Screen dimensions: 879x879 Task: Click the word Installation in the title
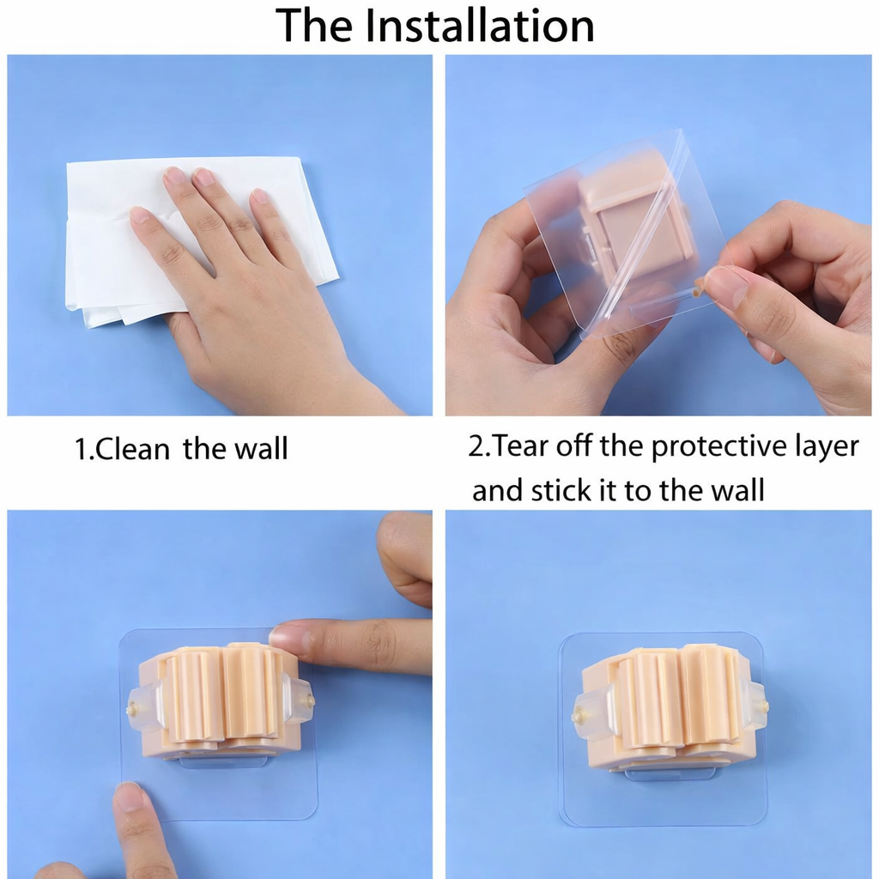(480, 25)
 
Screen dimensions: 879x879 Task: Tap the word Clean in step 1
(132, 449)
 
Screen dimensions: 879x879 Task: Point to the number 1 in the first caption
(82, 450)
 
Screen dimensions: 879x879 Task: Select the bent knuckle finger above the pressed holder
(403, 558)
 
